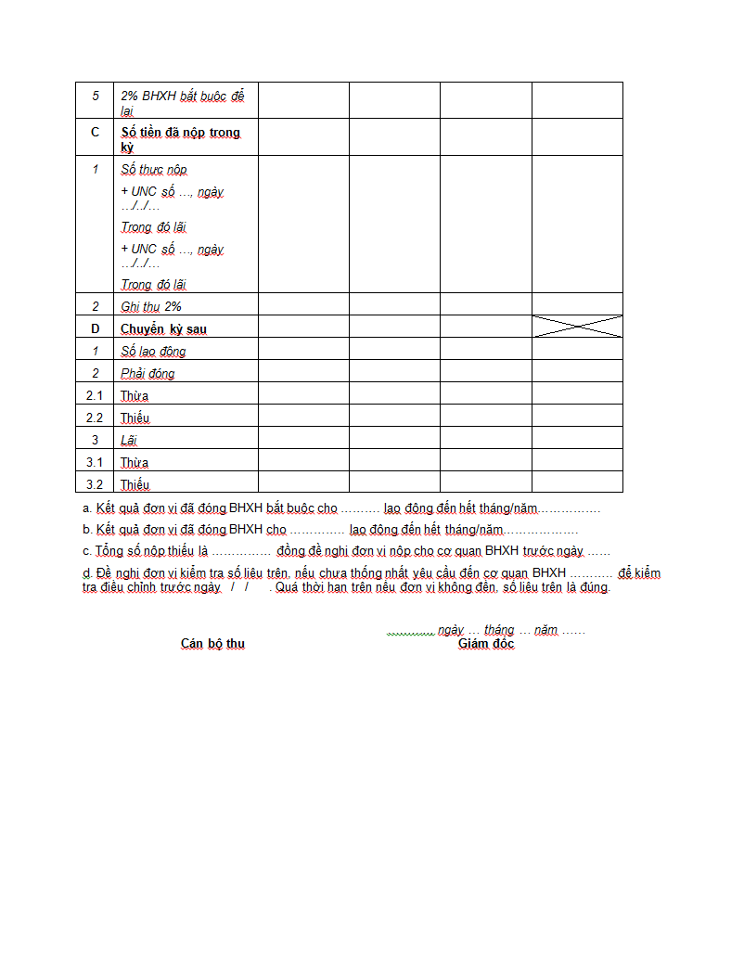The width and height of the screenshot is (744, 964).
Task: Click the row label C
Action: tap(95, 133)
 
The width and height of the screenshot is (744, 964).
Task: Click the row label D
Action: tap(95, 328)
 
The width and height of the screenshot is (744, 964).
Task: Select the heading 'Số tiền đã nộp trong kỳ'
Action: tap(180, 139)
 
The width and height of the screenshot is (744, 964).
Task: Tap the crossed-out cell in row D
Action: tap(577, 327)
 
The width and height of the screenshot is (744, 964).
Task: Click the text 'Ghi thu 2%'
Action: tap(151, 306)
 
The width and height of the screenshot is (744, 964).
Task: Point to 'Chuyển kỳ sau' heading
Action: tap(163, 329)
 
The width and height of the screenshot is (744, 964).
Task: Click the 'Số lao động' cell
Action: tap(153, 352)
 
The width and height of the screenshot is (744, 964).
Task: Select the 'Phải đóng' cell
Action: tap(148, 374)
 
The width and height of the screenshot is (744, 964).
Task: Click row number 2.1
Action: tap(95, 396)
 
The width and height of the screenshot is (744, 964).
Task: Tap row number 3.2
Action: tap(95, 484)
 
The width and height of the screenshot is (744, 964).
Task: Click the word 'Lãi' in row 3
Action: tap(129, 441)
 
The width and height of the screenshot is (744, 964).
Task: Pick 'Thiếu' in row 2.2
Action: tap(135, 418)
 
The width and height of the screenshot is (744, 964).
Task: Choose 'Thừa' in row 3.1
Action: tap(135, 463)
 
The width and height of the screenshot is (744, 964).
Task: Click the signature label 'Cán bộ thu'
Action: tap(212, 644)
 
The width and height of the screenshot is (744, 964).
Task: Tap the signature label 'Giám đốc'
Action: tap(486, 644)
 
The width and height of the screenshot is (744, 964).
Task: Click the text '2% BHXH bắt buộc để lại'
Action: tap(182, 103)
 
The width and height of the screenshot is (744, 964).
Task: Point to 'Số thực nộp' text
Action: tap(154, 170)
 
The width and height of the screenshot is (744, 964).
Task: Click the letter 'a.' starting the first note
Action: tap(87, 508)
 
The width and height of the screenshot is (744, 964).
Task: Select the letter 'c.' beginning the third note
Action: tap(87, 551)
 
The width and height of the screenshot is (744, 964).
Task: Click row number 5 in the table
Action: tap(95, 96)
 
